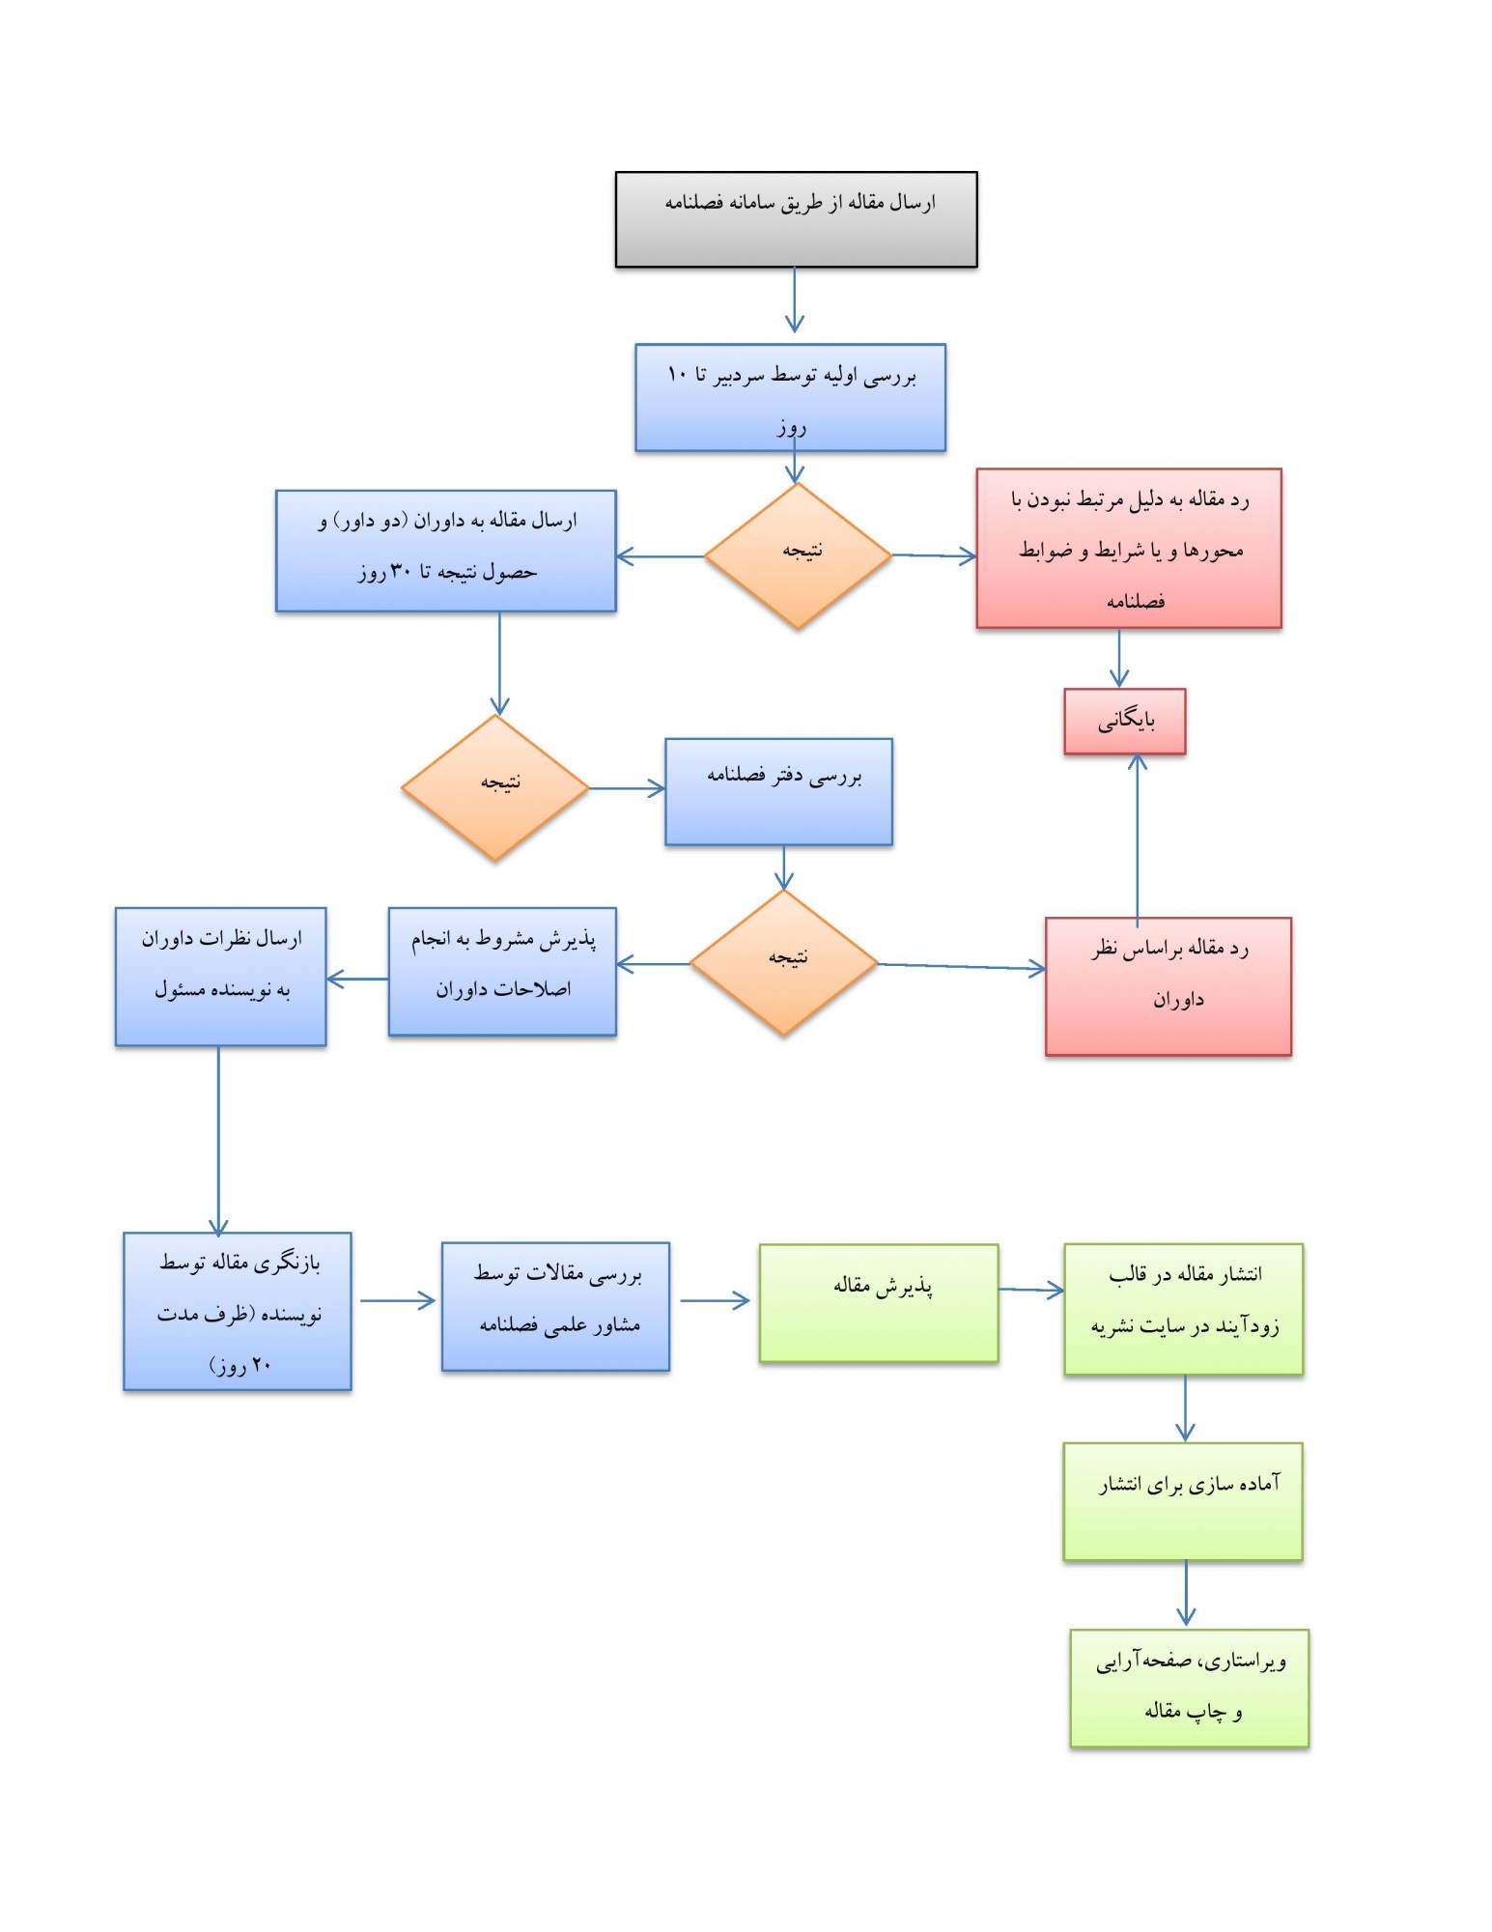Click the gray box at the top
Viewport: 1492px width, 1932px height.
[x=796, y=219]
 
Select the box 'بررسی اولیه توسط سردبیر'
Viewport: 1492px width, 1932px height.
[x=790, y=397]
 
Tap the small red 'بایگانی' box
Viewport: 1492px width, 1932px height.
[x=1124, y=721]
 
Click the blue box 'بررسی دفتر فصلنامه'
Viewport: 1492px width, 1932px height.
[x=778, y=792]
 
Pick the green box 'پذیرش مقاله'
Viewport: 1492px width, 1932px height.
[x=878, y=1303]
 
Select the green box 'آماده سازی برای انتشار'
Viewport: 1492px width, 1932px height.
[x=1182, y=1501]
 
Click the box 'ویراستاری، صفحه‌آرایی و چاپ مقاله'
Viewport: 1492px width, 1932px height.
[x=1189, y=1688]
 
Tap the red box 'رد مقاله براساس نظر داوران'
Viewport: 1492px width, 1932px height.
[x=1168, y=986]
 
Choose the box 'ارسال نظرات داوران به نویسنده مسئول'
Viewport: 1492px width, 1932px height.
[x=220, y=977]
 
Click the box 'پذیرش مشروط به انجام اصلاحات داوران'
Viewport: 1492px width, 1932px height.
[x=502, y=972]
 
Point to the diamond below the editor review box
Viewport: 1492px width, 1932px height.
[x=797, y=555]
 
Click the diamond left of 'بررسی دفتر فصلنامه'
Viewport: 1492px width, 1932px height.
[x=495, y=787]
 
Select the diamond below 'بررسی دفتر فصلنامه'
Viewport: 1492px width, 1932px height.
[x=783, y=962]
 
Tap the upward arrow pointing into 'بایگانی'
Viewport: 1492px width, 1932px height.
[x=1138, y=836]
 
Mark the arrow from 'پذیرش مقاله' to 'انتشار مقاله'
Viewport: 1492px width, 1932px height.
[x=1031, y=1289]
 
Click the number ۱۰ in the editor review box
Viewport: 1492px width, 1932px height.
[x=677, y=374]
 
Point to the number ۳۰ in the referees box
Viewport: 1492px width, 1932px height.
[x=401, y=572]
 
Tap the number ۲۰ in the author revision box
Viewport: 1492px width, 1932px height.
[x=261, y=1366]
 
